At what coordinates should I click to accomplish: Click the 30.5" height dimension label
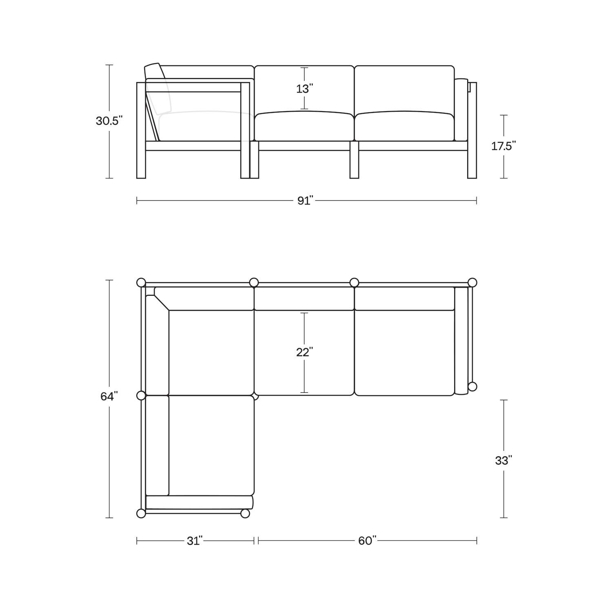[x=109, y=121]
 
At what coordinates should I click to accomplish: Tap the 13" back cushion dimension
[x=305, y=89]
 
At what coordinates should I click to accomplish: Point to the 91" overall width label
[x=305, y=200]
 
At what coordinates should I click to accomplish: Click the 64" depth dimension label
[x=109, y=396]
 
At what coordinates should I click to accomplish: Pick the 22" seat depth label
[x=305, y=352]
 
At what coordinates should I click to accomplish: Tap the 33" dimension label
[x=503, y=460]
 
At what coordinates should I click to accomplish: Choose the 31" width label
[x=195, y=541]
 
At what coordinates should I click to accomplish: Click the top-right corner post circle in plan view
[x=472, y=282]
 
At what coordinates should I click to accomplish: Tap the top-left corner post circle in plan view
[x=141, y=282]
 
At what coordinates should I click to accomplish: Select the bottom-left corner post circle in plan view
[x=141, y=513]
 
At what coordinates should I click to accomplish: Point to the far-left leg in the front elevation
[x=141, y=163]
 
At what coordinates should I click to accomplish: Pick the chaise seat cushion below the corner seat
[x=211, y=445]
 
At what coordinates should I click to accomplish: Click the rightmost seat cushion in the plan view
[x=404, y=353]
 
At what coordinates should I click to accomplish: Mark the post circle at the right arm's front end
[x=472, y=386]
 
